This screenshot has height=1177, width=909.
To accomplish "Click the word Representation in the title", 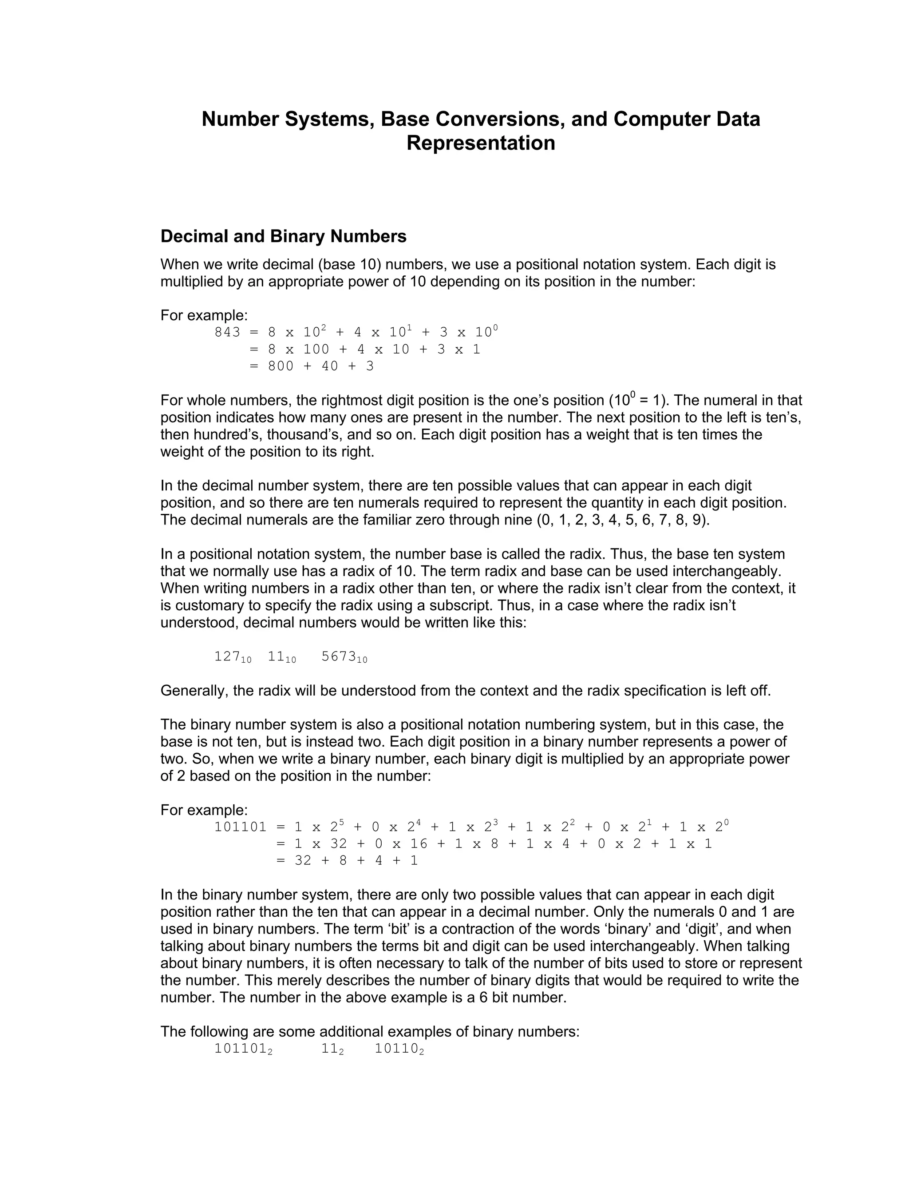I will (x=480, y=143).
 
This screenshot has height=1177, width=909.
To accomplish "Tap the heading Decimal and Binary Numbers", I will (x=283, y=237).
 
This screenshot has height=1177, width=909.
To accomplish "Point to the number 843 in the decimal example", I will (x=227, y=333).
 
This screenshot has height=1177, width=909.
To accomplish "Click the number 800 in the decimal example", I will (x=281, y=366).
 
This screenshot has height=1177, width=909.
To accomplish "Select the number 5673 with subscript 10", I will (x=344, y=657).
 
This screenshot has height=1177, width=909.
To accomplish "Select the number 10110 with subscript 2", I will (x=399, y=1049).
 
